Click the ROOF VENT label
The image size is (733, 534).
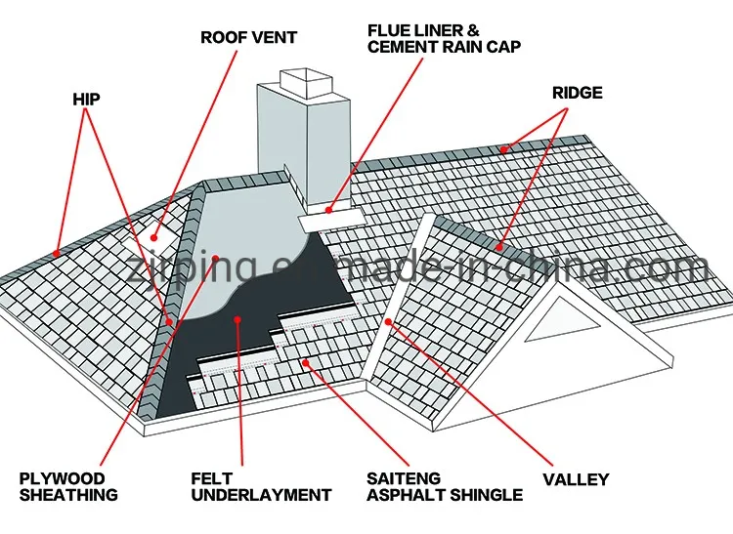click(x=249, y=38)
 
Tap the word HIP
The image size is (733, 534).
click(x=87, y=99)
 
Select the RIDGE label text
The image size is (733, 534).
click(x=577, y=93)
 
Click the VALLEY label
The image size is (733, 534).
click(x=577, y=479)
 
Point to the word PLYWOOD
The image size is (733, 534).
click(x=64, y=479)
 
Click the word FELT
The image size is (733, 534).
click(x=210, y=479)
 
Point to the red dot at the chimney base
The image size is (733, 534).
click(x=330, y=209)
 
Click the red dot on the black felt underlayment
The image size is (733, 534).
click(x=237, y=317)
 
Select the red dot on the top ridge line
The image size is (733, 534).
click(x=504, y=149)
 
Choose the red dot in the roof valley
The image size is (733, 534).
click(x=388, y=320)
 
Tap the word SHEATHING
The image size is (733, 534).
click(x=68, y=495)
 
